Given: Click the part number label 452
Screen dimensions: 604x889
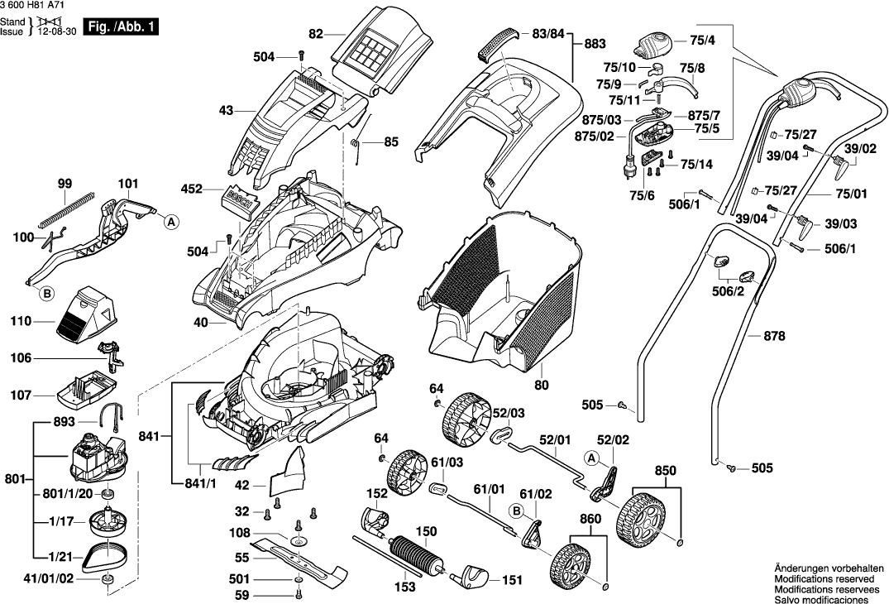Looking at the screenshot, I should point(192,189).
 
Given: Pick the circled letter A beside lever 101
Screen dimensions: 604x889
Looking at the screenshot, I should point(170,222).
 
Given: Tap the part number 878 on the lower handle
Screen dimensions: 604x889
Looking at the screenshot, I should point(775,336).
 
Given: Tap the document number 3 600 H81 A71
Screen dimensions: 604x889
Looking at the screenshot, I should point(31,6).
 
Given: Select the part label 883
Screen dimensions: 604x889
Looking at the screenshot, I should point(595,44).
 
